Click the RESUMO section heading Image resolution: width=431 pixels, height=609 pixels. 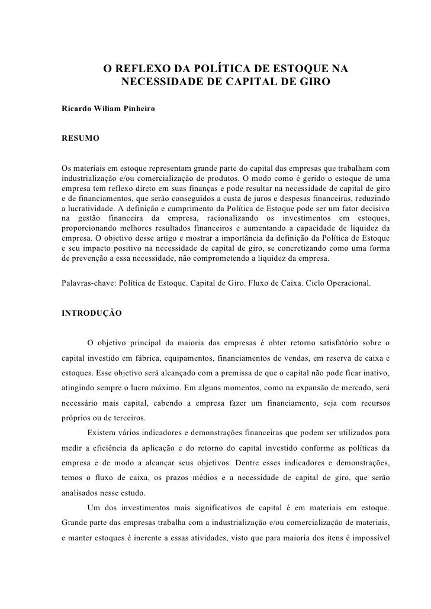tap(81, 138)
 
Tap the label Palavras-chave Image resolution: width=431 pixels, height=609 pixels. tap(88, 283)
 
